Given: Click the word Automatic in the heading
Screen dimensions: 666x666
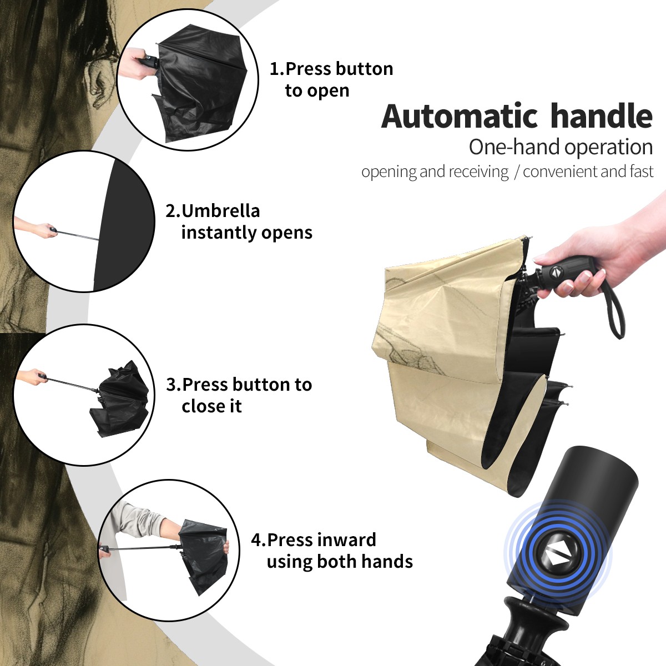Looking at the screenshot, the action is coord(460,117).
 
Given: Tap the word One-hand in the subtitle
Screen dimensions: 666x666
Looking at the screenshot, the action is coord(514,147).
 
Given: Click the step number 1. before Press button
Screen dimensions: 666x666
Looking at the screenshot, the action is coord(277,69).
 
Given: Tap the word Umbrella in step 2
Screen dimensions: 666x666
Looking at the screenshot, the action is coord(220,211).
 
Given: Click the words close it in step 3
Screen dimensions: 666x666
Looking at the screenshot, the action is coord(211,406).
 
